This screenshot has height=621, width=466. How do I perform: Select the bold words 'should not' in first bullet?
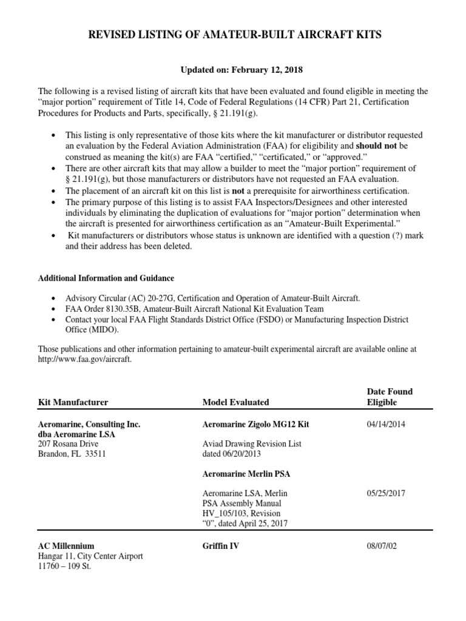tap(376, 146)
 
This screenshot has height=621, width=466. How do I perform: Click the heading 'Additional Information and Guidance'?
tap(106, 278)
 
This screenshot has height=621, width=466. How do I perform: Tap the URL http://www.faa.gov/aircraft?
tap(84, 359)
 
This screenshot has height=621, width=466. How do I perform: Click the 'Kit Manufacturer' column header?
tap(73, 402)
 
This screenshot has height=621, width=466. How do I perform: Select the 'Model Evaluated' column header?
tap(235, 402)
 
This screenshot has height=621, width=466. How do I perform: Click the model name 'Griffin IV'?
tap(221, 546)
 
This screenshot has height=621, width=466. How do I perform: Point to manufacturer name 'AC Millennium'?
tap(66, 546)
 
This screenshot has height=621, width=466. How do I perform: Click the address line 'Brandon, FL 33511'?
tap(72, 454)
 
